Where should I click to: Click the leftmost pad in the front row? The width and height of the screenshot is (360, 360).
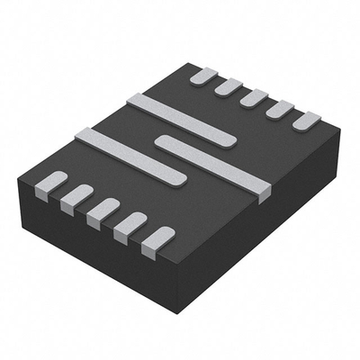50,183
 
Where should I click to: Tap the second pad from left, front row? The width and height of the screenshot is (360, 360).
76,195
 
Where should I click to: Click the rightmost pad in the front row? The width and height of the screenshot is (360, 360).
157,239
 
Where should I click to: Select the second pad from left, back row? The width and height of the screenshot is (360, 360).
229,87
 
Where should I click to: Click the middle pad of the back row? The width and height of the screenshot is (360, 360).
254,98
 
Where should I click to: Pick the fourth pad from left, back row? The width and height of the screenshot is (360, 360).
280,109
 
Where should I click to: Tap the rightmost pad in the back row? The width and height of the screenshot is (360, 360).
307,121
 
